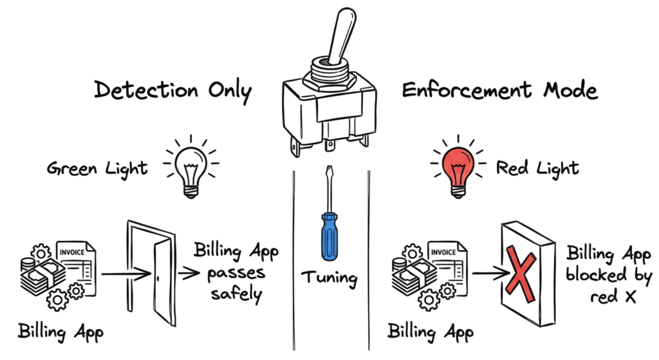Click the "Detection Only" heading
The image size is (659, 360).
[172, 91]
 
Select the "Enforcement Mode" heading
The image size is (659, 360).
[499, 90]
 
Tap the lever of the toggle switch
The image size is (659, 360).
[341, 36]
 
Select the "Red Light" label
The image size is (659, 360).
[537, 168]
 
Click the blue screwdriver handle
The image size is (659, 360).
[329, 236]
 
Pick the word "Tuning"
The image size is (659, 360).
[329, 278]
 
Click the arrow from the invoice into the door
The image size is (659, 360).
[126, 274]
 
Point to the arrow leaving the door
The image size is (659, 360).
[189, 274]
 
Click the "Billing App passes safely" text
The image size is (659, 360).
[236, 272]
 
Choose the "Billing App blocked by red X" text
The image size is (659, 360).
[609, 274]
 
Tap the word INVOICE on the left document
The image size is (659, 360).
[72, 252]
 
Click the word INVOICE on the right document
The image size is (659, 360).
[443, 252]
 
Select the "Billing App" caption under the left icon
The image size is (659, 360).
[60, 332]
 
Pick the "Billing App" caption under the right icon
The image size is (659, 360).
[431, 332]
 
